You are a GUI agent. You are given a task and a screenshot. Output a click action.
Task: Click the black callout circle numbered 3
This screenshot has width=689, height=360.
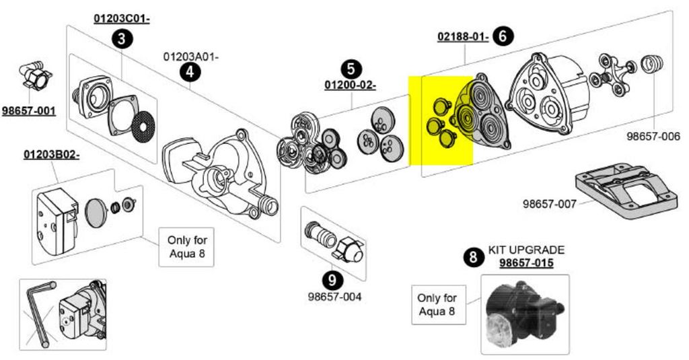[x=121, y=39]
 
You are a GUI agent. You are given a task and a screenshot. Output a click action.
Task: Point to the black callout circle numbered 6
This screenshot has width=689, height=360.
[x=501, y=36]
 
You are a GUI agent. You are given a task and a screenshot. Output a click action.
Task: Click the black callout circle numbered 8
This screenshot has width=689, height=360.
[x=474, y=256]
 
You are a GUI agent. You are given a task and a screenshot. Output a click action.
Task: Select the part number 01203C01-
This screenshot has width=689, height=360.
[x=121, y=19]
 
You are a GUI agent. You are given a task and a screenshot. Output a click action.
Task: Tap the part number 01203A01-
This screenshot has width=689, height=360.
[x=191, y=57]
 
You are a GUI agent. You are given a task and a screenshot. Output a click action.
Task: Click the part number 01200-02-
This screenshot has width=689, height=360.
[x=350, y=85]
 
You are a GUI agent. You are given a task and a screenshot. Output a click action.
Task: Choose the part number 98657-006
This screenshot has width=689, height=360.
[x=653, y=136]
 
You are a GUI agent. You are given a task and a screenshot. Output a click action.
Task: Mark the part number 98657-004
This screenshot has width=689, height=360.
[x=334, y=296]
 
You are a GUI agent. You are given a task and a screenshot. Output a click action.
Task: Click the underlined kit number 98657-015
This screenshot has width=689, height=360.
[x=526, y=262]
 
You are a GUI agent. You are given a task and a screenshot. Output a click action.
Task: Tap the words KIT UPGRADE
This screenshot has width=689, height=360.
[x=526, y=250]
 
